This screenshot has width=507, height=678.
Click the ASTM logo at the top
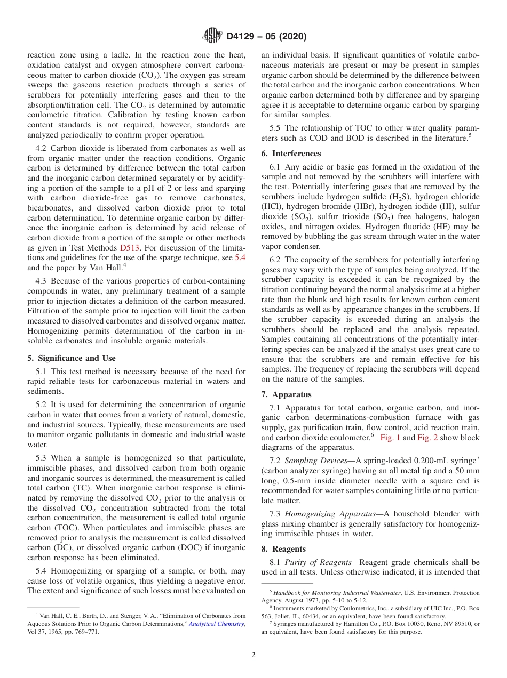click(x=212, y=36)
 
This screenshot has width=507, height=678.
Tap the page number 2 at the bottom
click(x=253, y=655)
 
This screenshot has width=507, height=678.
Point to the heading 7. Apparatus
click(x=287, y=394)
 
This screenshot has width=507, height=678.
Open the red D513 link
click(x=130, y=247)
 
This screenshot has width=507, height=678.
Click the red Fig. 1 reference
click(x=390, y=438)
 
